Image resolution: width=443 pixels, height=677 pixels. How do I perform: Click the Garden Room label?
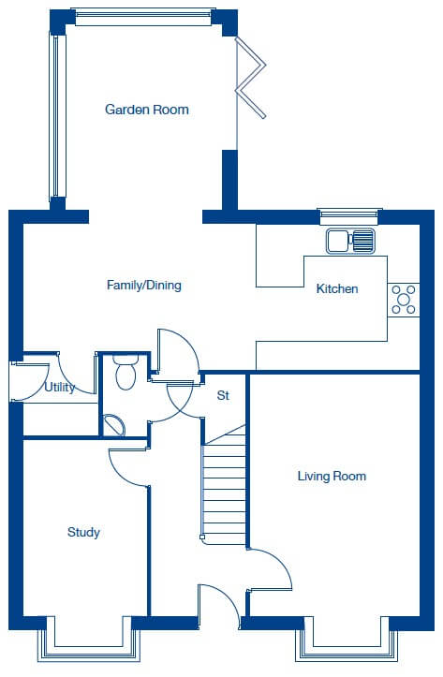(147, 110)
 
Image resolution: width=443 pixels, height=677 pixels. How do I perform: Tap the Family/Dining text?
(144, 286)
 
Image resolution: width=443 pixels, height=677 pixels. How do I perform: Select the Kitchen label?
(337, 288)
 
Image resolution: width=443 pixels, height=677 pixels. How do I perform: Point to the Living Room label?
(332, 476)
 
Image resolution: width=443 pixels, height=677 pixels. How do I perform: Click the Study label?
(83, 533)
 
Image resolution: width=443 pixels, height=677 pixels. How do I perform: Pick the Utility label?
(60, 388)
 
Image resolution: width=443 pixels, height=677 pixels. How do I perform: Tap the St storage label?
(223, 395)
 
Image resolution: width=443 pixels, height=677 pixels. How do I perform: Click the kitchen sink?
(350, 241)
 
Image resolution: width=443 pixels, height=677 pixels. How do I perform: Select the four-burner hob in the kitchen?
(404, 300)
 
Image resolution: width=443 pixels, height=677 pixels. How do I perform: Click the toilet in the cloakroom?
(126, 372)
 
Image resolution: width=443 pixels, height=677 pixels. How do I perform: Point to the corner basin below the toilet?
(113, 425)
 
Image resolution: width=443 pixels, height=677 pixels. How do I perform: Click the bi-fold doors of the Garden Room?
(250, 78)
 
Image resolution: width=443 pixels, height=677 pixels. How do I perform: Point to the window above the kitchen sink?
(349, 216)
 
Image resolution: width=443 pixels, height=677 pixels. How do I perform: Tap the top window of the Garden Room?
(143, 17)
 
